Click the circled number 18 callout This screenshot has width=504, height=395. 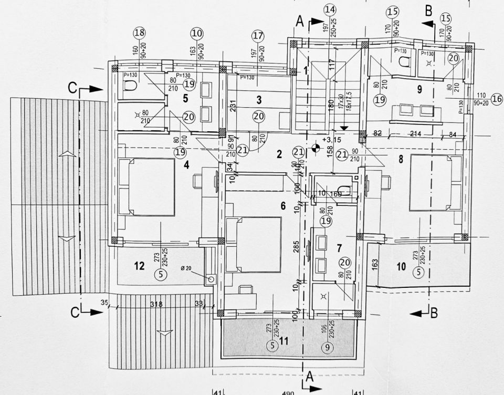coord(139,33)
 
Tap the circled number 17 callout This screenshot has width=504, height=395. coord(257,36)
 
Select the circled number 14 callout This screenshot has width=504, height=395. coord(330,9)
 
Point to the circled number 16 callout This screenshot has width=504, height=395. coord(495,99)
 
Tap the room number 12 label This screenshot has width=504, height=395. coord(139,266)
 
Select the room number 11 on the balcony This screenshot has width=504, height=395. coord(284,341)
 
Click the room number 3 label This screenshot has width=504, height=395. coord(259,99)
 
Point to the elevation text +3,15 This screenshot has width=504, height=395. coord(334,140)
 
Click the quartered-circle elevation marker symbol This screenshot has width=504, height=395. coord(316,148)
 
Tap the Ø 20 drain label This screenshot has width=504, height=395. coord(186,269)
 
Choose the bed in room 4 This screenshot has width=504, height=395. coord(146,187)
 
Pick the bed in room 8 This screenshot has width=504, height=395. coord(436,182)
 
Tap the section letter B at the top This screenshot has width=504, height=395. coord(428,10)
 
